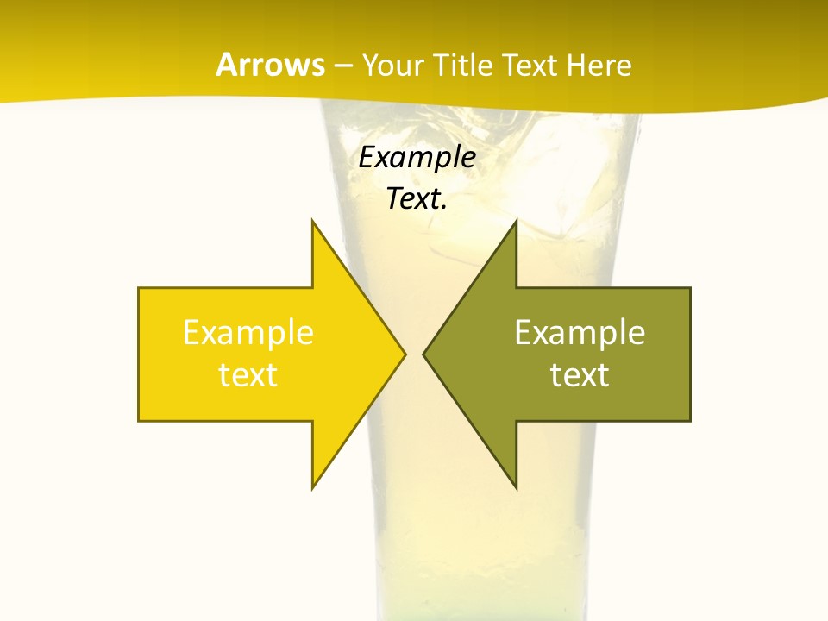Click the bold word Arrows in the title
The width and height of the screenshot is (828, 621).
(269, 65)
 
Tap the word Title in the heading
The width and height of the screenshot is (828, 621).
(461, 66)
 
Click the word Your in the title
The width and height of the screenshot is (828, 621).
(392, 66)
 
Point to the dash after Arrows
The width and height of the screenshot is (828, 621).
(342, 66)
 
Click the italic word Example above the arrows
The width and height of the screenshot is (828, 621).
(417, 157)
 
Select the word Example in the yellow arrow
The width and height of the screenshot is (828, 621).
(248, 332)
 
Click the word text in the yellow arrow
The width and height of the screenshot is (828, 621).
(248, 375)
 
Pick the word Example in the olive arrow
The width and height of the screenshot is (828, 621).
(580, 332)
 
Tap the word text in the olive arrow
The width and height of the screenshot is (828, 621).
(580, 375)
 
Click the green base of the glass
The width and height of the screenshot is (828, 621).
(483, 608)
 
